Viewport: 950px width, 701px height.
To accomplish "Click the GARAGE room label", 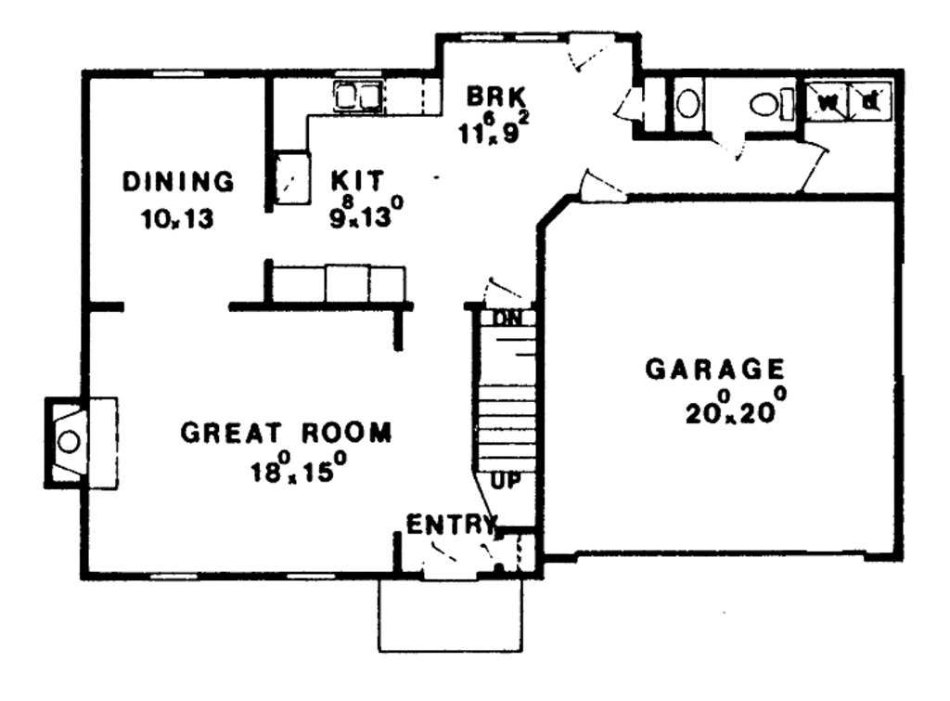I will point(714,370).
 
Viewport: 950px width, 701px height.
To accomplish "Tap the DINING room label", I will point(178,181).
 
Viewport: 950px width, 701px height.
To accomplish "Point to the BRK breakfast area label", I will point(495,97).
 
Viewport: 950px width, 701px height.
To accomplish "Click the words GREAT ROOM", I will point(286,433).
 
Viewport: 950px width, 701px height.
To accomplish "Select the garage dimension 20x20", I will point(736,409).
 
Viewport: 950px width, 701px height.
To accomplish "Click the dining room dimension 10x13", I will point(178,220).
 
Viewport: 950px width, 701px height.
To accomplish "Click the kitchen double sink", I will point(358,96).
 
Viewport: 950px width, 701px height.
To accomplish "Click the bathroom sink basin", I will point(687,102).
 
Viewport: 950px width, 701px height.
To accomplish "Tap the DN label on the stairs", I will point(507,318).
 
